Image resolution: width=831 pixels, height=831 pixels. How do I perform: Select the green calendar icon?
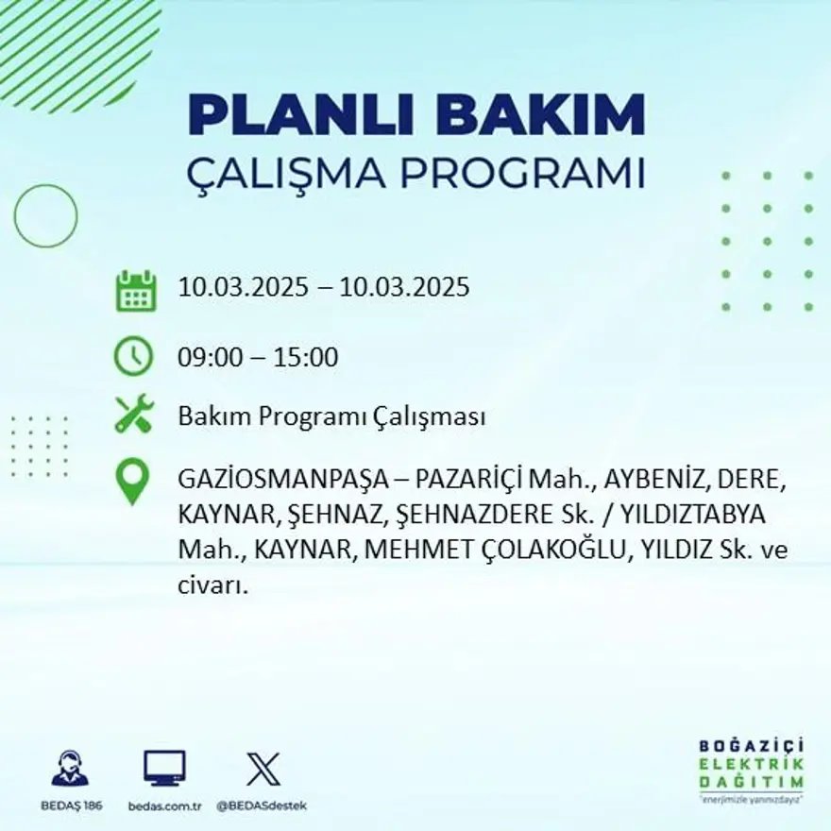pos(135,291)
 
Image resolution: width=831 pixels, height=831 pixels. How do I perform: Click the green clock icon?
pos(133,357)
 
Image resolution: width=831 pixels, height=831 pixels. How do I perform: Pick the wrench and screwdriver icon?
pos(133,415)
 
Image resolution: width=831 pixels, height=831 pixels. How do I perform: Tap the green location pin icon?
pos(132,480)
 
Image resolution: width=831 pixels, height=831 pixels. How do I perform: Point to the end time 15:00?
pos(306,358)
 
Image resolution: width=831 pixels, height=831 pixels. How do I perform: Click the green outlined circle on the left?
pos(45,216)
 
